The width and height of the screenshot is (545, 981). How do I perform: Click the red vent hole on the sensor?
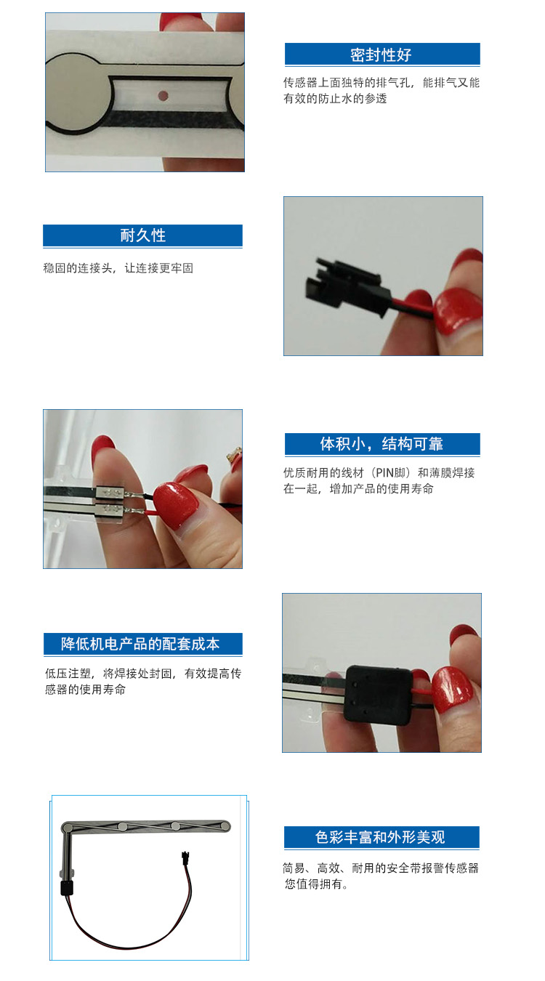click(x=163, y=95)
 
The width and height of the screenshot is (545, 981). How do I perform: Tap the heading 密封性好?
click(x=381, y=55)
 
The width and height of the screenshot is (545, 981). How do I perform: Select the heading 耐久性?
click(x=143, y=235)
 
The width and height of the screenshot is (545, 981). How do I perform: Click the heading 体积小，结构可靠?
click(x=381, y=444)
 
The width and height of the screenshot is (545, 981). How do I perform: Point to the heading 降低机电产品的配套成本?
click(x=140, y=644)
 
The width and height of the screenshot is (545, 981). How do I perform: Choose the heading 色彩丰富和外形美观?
click(x=380, y=837)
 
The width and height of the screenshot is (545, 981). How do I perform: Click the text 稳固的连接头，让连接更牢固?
click(x=118, y=268)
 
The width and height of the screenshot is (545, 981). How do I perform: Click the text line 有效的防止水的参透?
click(x=335, y=99)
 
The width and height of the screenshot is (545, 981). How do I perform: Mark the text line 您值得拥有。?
click(x=316, y=884)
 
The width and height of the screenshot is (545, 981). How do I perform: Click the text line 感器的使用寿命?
click(x=86, y=690)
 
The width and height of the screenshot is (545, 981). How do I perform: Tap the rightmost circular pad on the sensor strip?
click(x=225, y=826)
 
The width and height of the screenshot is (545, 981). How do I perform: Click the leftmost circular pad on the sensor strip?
click(x=67, y=827)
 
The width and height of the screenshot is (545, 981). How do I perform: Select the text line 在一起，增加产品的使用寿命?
click(x=358, y=489)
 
